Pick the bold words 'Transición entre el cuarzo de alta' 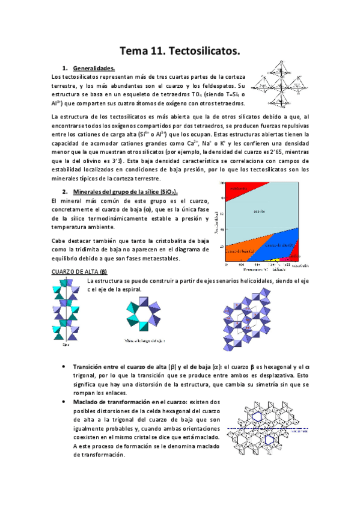point(120,367)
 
